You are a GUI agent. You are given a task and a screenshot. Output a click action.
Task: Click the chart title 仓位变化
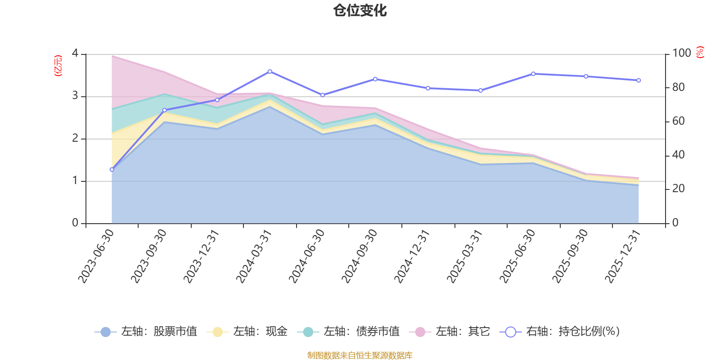coord(360,10)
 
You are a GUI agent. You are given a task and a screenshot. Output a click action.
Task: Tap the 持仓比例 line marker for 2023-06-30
coord(112,170)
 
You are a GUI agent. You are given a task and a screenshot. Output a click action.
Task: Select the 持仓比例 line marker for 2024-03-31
coord(270,72)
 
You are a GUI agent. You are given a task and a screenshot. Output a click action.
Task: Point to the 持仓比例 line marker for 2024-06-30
coord(322,95)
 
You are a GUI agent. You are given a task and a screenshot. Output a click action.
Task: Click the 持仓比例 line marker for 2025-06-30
coord(533,74)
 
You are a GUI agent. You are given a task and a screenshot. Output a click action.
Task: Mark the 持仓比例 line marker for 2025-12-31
coord(639,81)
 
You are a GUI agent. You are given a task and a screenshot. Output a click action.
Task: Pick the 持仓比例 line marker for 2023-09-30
coord(164,110)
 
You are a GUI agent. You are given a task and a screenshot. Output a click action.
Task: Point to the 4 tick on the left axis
coord(75,54)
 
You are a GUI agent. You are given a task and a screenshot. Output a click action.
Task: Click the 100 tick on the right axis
coord(681,54)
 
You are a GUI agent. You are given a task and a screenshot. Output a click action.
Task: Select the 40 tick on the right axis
coord(678,155)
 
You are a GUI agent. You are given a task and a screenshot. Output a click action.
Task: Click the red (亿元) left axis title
coord(58,66)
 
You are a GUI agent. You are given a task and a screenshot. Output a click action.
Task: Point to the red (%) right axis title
coord(700,52)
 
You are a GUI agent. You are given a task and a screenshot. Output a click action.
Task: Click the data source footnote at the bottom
coord(360,355)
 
